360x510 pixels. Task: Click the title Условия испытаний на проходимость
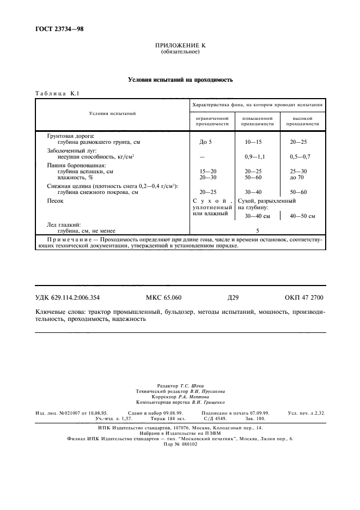(180, 80)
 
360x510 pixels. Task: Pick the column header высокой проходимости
(302, 120)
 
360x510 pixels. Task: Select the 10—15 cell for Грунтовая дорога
(253, 142)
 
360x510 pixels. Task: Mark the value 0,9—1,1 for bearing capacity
(253, 156)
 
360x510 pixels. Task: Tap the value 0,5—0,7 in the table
(300, 156)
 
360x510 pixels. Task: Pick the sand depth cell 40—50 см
(303, 216)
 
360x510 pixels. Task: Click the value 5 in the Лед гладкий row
(257, 230)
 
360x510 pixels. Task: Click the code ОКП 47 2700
(303, 297)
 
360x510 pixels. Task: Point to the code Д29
(233, 297)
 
